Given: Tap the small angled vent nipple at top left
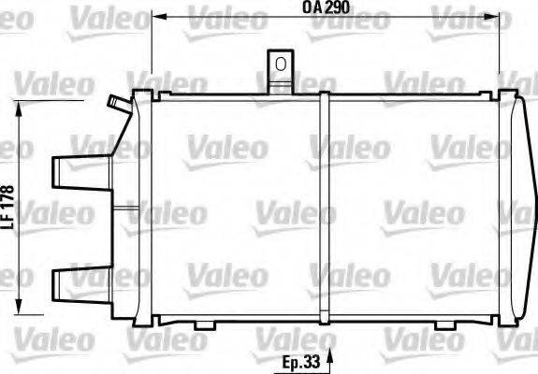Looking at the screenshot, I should point(115,101).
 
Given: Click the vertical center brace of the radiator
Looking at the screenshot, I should point(322,206).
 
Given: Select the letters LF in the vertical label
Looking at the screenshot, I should point(9,223).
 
